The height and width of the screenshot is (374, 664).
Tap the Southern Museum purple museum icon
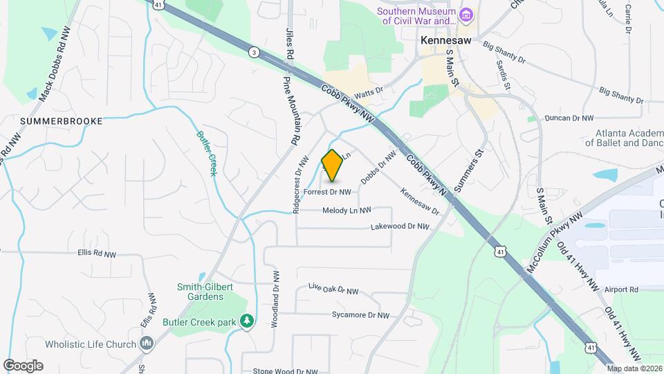(466, 15)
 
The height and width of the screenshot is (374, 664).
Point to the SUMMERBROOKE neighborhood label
(62, 121)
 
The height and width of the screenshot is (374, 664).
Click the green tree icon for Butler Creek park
(246, 321)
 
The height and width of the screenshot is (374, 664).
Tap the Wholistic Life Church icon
(146, 344)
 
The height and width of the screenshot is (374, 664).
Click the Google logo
(23, 366)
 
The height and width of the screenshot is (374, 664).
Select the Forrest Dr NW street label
(327, 192)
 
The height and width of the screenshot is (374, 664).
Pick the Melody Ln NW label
(347, 210)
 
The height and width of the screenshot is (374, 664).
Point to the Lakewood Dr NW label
(400, 226)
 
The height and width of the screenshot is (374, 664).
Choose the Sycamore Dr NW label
(360, 315)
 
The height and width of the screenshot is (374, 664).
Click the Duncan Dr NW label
(569, 118)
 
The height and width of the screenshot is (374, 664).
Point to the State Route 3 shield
(255, 52)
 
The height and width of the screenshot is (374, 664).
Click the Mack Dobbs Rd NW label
(55, 64)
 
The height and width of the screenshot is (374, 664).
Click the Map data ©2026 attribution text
(634, 368)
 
